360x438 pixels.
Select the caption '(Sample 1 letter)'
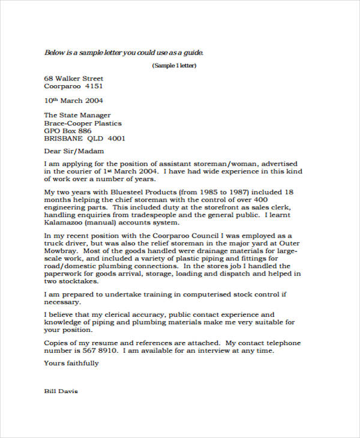point(174,65)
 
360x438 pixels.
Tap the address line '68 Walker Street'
point(74,79)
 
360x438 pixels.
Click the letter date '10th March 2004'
point(74,101)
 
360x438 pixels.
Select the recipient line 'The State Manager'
point(77,115)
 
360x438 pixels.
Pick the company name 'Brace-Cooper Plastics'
point(83,123)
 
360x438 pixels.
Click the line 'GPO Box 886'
point(68,131)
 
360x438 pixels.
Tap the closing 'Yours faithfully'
point(71,364)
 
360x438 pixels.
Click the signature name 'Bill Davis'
point(61,391)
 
